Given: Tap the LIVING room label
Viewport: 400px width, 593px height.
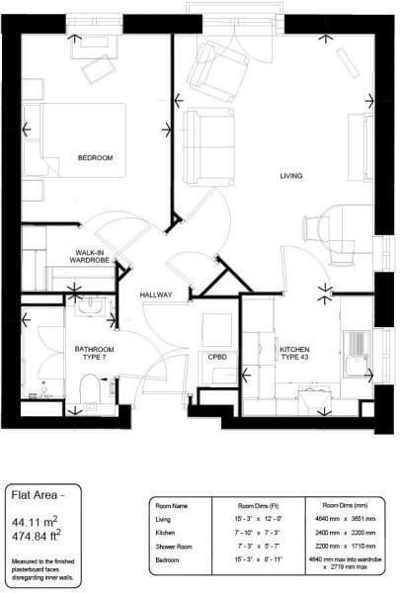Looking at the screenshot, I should [290, 176].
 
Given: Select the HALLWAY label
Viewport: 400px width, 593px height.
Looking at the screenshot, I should [156, 295].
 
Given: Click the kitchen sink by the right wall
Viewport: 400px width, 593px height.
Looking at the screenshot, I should [356, 348].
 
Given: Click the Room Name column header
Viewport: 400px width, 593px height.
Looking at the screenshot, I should [174, 504].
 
